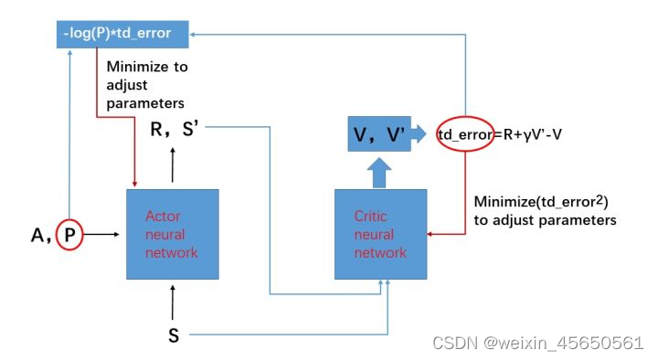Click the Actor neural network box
172,234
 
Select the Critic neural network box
380,234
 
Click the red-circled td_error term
465,133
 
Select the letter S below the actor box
174,335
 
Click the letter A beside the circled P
38,236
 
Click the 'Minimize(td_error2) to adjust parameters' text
547,210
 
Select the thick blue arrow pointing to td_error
421,133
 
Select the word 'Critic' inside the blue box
371,217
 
